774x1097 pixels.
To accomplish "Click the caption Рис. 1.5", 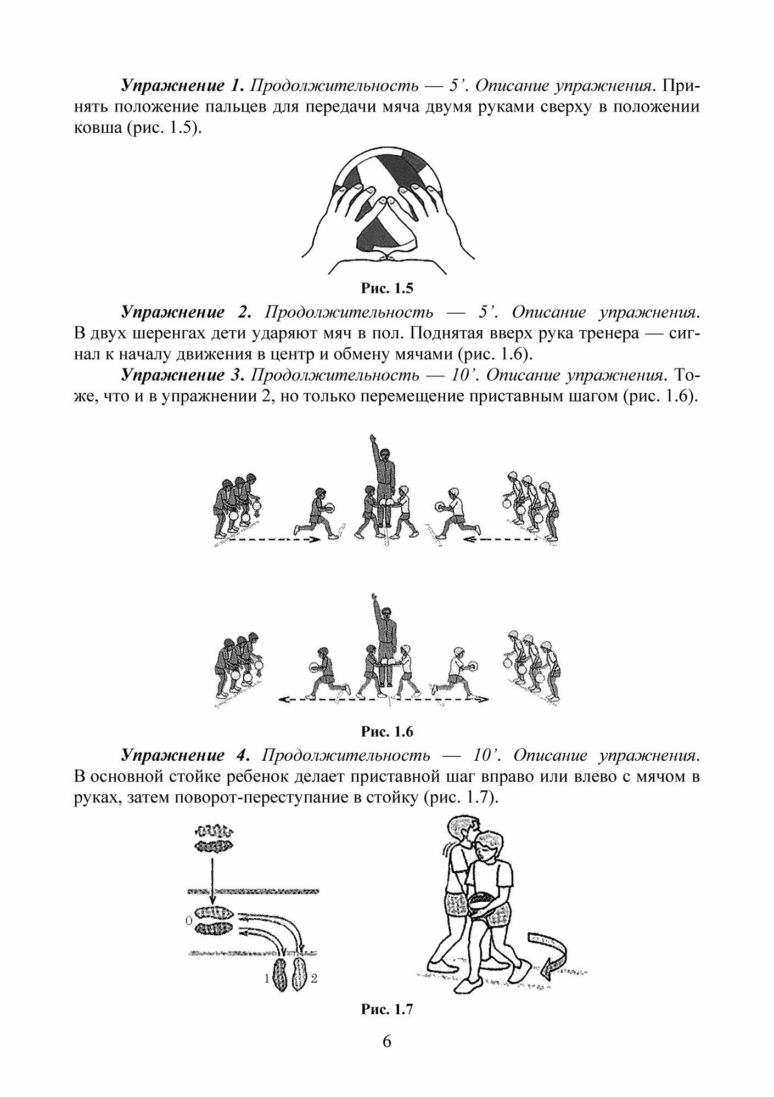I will pos(386,288).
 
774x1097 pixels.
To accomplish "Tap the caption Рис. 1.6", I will pos(386,732).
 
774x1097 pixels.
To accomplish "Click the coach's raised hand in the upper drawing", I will pos(374,438).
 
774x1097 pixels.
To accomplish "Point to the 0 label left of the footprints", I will pos(189,917).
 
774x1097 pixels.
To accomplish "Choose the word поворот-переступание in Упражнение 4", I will pos(253,798).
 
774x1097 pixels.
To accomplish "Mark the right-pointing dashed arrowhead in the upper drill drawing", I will pos(313,540).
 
